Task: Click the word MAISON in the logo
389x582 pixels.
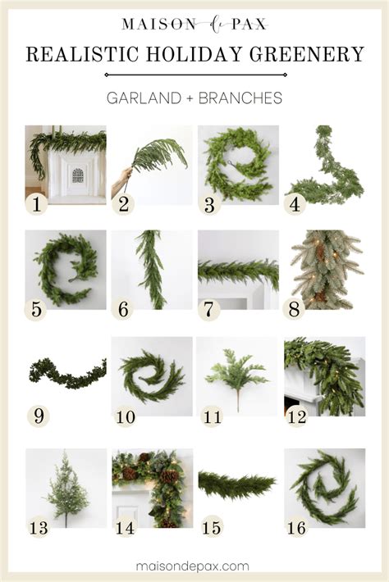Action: [x=158, y=25]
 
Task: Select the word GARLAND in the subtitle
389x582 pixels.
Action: [x=144, y=98]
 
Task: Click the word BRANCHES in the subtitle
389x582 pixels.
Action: [x=240, y=98]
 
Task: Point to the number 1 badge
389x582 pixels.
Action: [x=36, y=204]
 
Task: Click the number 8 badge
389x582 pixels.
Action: [x=294, y=309]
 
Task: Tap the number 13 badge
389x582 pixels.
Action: [x=39, y=527]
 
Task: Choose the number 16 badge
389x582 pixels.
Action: [x=296, y=527]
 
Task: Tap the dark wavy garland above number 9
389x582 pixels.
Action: [x=66, y=374]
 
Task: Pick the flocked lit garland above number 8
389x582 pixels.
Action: [x=324, y=270]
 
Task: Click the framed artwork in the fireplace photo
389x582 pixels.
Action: [x=78, y=175]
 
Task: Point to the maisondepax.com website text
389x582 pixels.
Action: [x=193, y=566]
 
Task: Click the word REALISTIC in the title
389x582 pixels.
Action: [x=82, y=54]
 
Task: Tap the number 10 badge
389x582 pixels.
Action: [x=126, y=417]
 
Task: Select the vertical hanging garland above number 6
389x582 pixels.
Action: [x=152, y=270]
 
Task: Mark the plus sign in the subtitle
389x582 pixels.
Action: [x=190, y=98]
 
